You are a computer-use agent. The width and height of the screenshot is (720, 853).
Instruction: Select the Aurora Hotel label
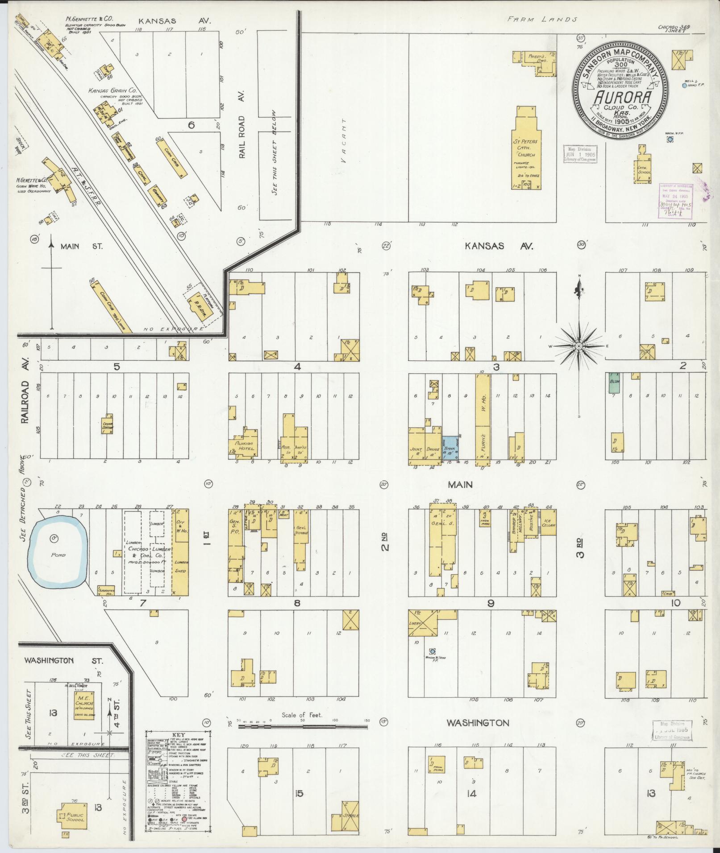(x=244, y=446)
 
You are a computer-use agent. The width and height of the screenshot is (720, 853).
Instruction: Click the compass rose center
(x=578, y=346)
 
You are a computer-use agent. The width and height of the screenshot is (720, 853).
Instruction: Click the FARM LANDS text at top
(x=542, y=19)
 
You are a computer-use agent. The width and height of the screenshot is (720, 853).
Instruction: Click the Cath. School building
(x=644, y=169)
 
